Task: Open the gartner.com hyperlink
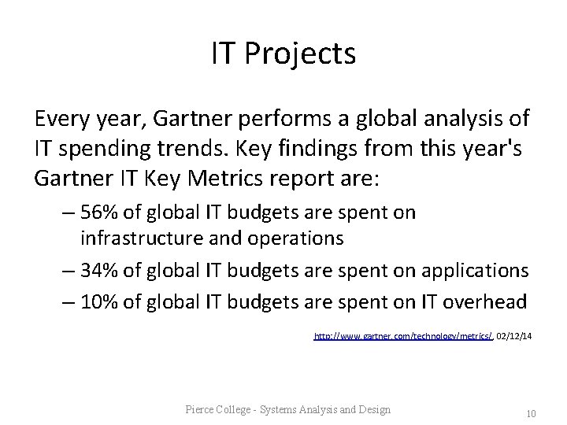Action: (x=403, y=336)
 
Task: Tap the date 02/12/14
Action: (x=514, y=336)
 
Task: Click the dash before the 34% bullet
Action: (x=69, y=271)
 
